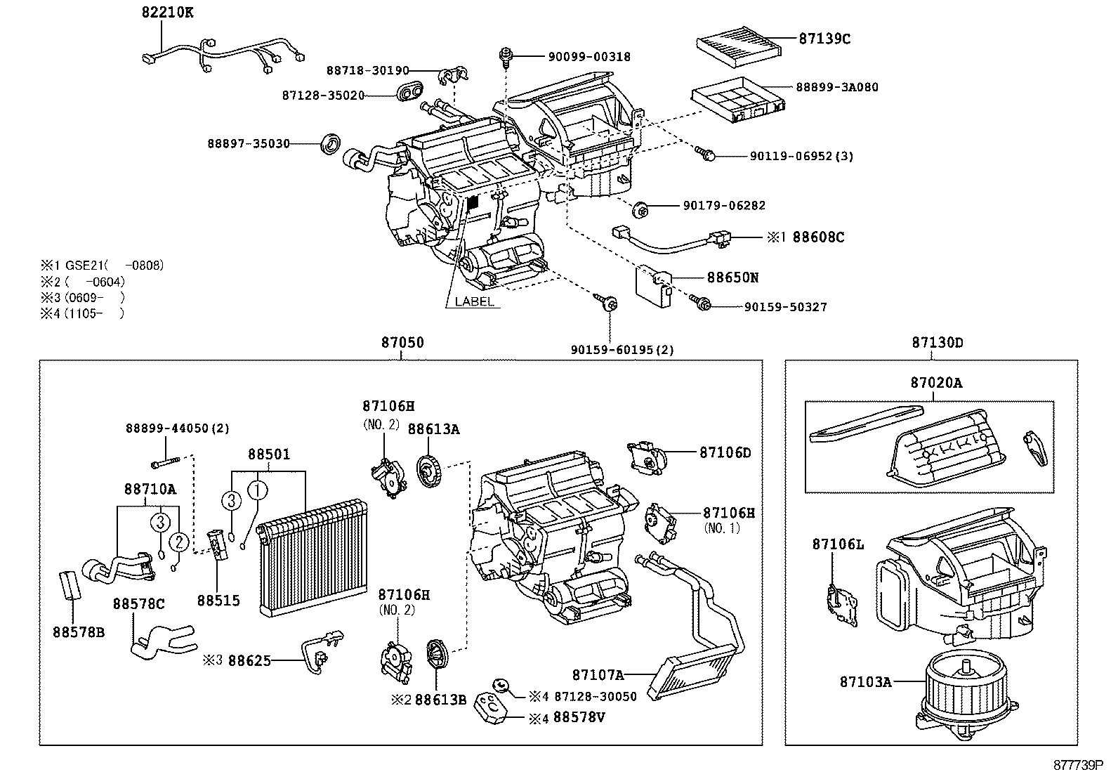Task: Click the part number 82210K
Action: click(x=164, y=12)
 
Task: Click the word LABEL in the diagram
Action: click(x=474, y=301)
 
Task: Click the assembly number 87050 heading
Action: click(x=402, y=343)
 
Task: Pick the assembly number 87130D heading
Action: click(x=937, y=343)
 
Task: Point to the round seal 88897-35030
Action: click(x=330, y=143)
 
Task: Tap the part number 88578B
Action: click(x=78, y=632)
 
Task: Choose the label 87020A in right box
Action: click(x=936, y=383)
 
